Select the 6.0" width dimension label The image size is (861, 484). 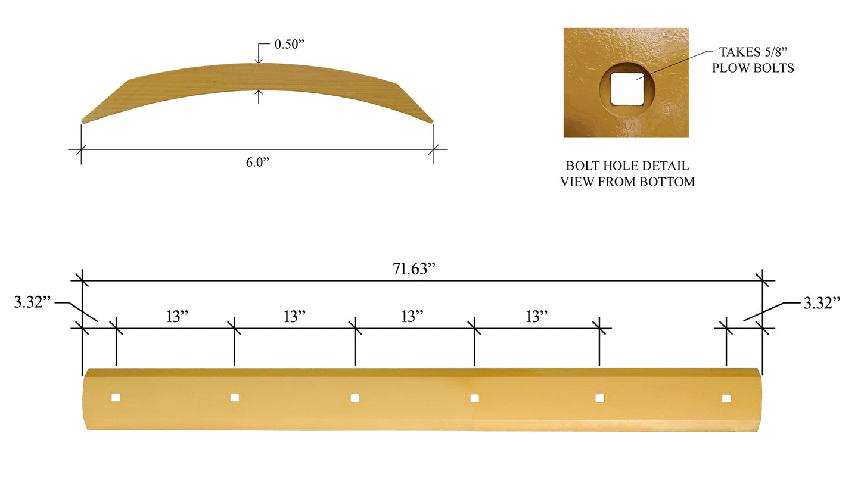click(x=258, y=163)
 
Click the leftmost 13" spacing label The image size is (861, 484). click(x=177, y=316)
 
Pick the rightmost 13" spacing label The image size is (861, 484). click(x=536, y=316)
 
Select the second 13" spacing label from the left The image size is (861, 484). click(x=294, y=316)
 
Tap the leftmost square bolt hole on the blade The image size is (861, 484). click(x=116, y=397)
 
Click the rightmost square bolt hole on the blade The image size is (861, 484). click(x=726, y=398)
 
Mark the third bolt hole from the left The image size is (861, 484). click(x=355, y=398)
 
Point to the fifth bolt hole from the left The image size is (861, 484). click(x=599, y=398)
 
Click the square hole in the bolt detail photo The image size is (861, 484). click(x=626, y=90)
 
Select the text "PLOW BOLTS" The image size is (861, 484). click(x=753, y=68)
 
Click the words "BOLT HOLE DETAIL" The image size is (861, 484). click(x=627, y=166)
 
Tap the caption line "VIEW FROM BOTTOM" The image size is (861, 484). click(x=627, y=182)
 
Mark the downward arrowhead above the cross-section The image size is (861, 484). click(x=258, y=60)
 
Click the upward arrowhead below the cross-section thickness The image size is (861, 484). click(x=258, y=93)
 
